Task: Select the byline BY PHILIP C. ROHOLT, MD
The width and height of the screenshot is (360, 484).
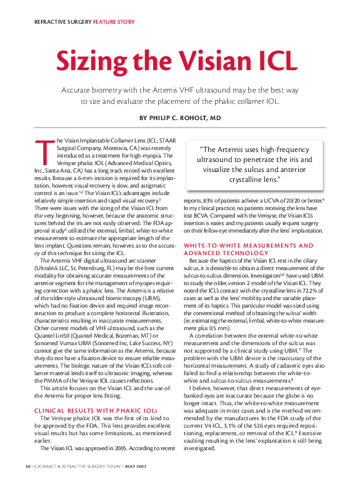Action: point(180,117)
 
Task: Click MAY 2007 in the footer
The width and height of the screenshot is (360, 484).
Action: point(136,466)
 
